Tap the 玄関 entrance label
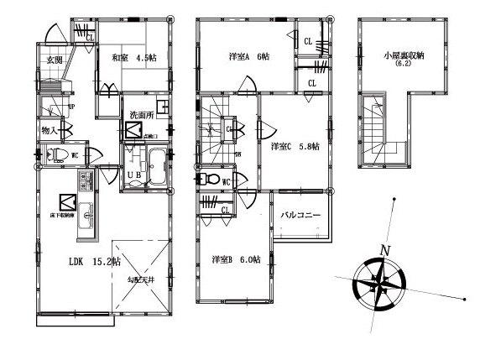[x=55, y=60]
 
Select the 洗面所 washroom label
[x=142, y=115]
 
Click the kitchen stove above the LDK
[x=86, y=181]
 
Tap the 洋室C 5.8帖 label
[x=294, y=145]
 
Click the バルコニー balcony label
[x=301, y=216]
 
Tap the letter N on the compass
[x=385, y=250]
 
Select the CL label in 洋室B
[x=226, y=209]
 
